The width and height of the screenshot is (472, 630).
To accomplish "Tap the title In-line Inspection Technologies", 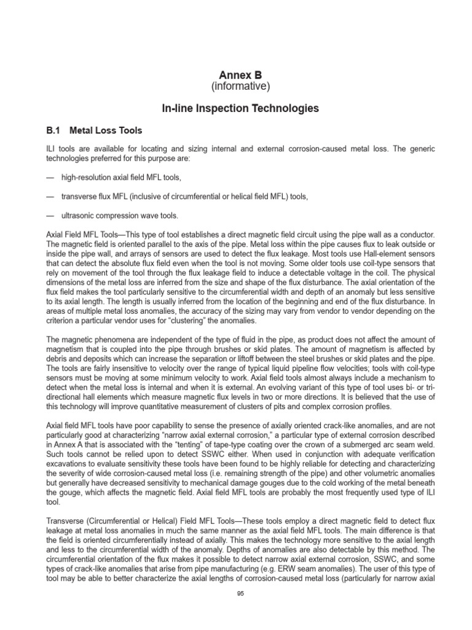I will tap(240, 108).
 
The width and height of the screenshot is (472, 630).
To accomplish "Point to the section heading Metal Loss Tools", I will tap(106, 130).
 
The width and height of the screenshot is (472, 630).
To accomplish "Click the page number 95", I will tap(240, 593).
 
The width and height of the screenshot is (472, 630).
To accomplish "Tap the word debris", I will tap(57, 358).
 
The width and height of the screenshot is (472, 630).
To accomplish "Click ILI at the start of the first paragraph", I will tap(52, 148).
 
